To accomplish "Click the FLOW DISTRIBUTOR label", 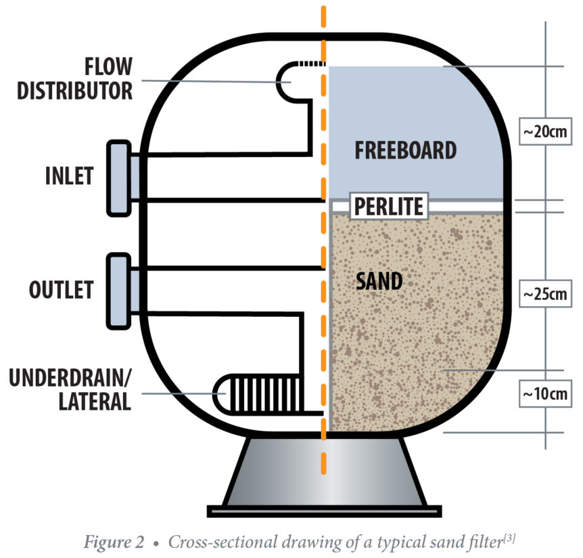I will tap(75, 79).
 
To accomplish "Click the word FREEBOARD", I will tap(405, 150).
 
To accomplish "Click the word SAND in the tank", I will tap(379, 280).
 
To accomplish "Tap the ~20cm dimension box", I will tap(546, 132).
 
